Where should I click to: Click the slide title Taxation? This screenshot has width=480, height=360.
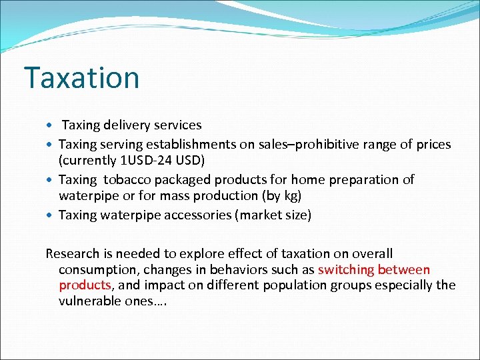point(81,78)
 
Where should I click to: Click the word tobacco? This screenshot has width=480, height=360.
point(125,179)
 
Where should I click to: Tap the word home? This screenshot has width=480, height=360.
point(291,179)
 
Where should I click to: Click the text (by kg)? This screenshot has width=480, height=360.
point(283,195)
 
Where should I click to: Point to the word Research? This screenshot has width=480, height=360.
point(71,253)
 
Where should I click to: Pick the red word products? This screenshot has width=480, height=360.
point(85,285)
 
